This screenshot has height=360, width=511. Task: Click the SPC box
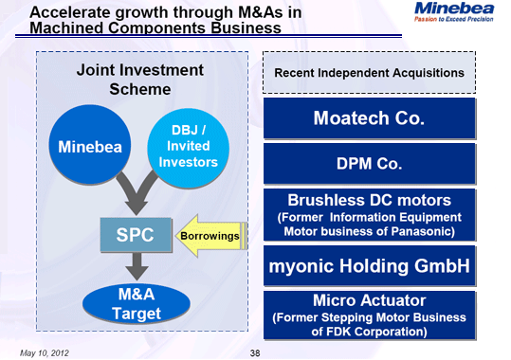tap(137, 236)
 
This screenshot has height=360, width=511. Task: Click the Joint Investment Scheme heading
tap(139, 80)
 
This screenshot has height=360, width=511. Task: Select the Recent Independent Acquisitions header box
tap(368, 73)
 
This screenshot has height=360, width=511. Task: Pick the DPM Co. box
tap(368, 164)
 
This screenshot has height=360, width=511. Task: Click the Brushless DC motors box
tap(368, 215)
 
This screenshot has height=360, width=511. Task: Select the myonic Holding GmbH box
tap(368, 266)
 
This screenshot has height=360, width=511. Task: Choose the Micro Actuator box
tap(368, 315)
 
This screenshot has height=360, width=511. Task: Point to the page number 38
tap(254, 351)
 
